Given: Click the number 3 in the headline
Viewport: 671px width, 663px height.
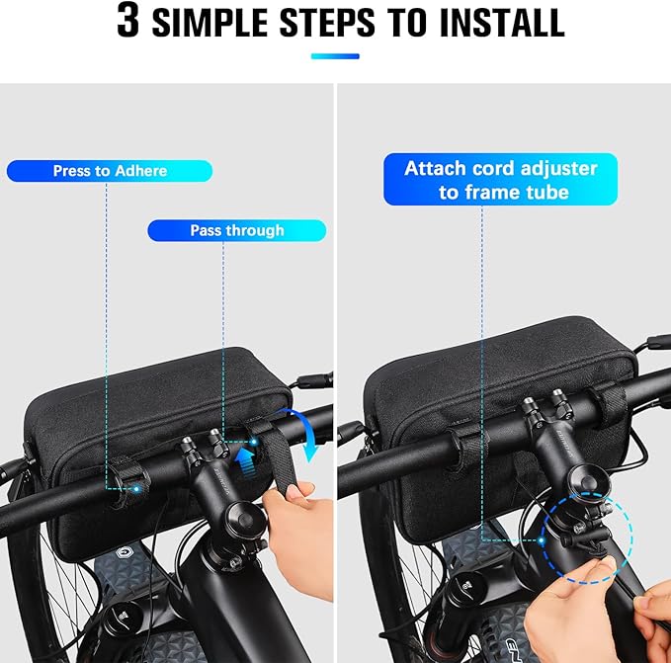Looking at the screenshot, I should click(x=128, y=22).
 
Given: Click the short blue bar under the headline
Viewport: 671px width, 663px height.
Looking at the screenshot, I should click(x=335, y=56).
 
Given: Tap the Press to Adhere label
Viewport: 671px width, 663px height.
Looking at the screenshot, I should click(x=109, y=171).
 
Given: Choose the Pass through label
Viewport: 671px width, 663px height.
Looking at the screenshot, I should click(x=236, y=230).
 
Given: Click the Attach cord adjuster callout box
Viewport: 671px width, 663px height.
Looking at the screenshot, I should click(x=500, y=179).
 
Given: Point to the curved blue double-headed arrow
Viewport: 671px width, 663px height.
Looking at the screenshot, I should click(x=303, y=432).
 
